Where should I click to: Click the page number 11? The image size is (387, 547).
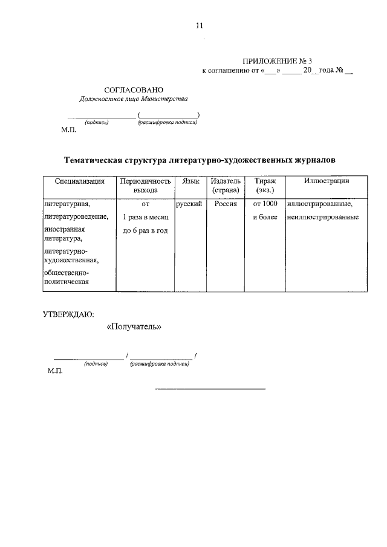(x=200, y=25)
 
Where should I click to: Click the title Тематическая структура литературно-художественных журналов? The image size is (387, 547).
(x=200, y=160)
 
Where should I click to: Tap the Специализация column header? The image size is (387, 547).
(x=80, y=181)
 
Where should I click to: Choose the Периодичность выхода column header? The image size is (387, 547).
(x=145, y=186)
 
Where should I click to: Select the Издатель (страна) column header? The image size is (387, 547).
(x=226, y=186)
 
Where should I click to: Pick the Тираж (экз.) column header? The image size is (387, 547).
(x=265, y=186)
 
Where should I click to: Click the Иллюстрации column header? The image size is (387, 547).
(x=327, y=181)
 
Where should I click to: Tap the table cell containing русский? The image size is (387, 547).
(x=189, y=204)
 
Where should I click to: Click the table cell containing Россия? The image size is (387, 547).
(x=226, y=204)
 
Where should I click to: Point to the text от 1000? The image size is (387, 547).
(x=265, y=204)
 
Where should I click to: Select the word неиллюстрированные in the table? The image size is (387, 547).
(x=320, y=217)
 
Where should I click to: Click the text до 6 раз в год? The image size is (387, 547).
(x=145, y=231)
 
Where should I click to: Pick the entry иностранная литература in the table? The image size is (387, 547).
(x=64, y=234)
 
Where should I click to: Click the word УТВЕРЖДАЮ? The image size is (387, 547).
(x=68, y=313)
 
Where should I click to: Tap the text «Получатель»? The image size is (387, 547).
(x=134, y=327)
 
